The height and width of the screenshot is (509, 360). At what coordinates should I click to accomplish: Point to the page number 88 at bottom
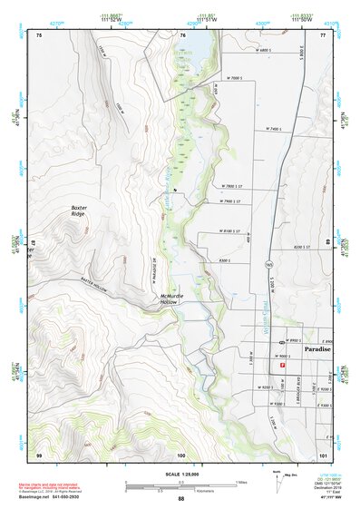180,498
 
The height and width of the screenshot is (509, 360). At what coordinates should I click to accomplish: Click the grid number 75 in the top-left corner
38,34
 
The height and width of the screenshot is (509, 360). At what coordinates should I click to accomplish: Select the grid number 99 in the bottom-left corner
38,454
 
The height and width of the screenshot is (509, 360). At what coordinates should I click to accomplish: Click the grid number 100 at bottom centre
180,454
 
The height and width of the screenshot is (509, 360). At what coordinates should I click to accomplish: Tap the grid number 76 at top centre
182,34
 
